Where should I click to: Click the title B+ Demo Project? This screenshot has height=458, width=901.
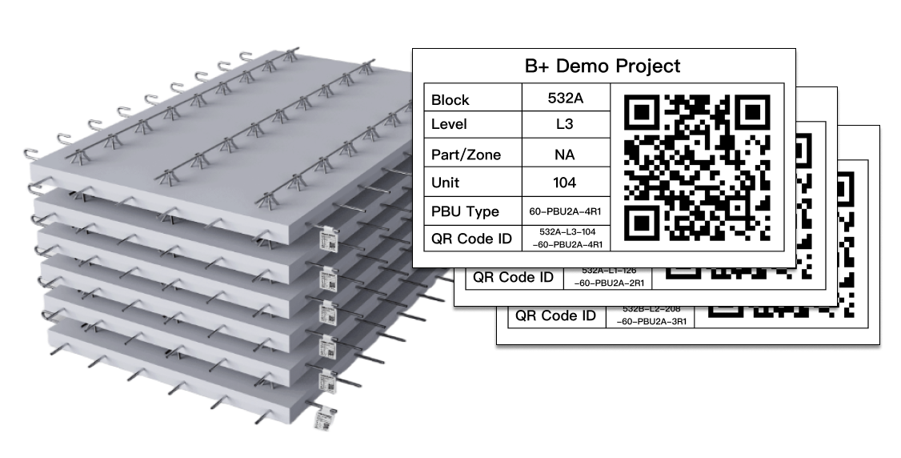coord(603,66)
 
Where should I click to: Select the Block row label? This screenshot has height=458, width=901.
coord(450,100)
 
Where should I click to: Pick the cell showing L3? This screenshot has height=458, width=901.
coord(565,124)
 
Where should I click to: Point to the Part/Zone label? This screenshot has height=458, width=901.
coord(466,155)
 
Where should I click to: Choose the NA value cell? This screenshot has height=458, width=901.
coord(565,154)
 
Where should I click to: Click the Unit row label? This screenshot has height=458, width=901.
coord(446,182)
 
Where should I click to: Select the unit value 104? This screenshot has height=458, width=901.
coord(565,182)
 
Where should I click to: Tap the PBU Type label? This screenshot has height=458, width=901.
coord(464,211)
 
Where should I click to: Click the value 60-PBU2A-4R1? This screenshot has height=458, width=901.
coord(565,211)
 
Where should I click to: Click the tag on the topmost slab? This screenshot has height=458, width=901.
coord(329,238)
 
